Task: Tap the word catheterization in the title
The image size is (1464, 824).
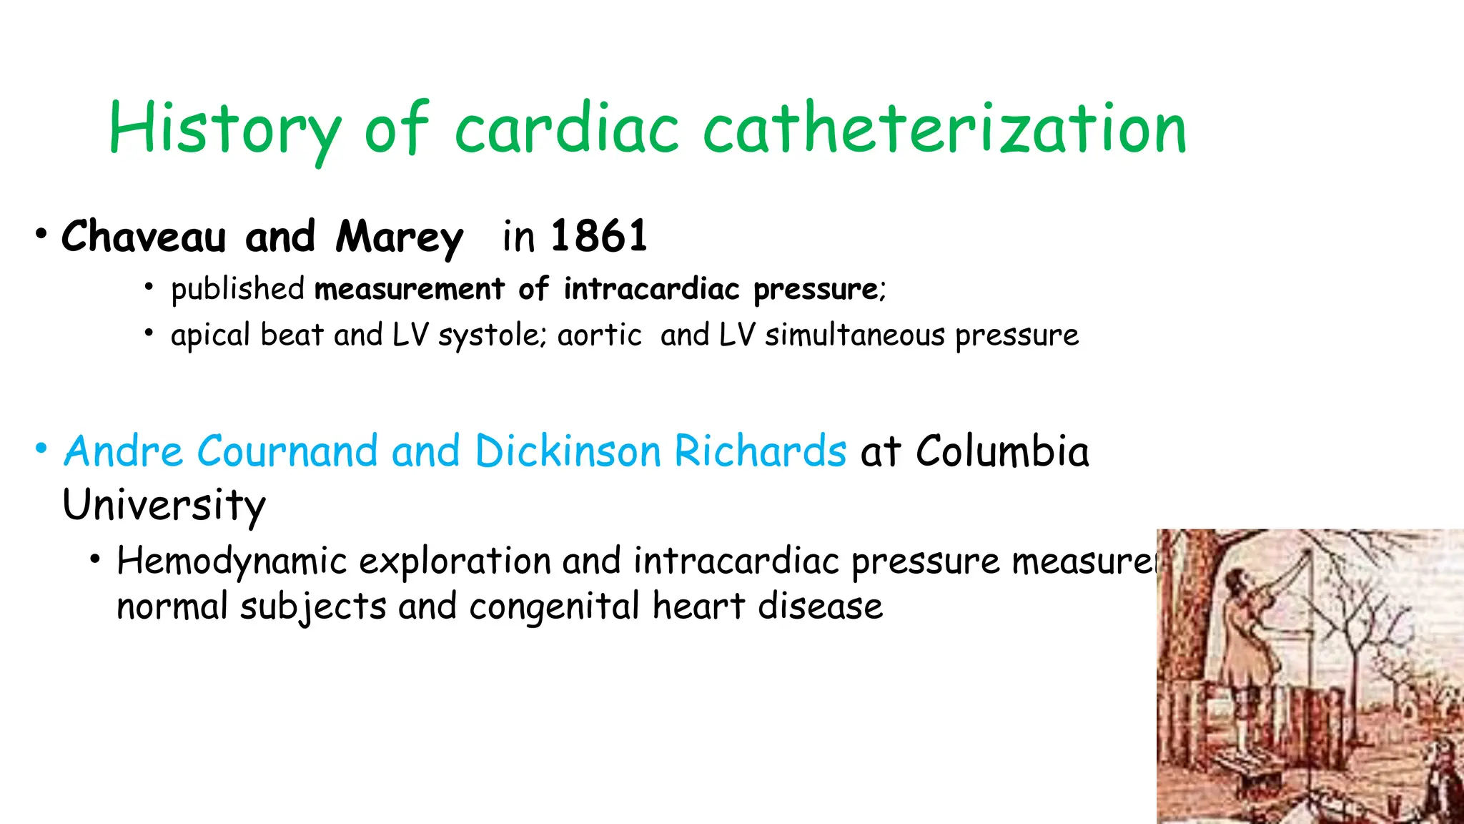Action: click(944, 129)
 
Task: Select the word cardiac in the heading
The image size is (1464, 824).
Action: click(567, 129)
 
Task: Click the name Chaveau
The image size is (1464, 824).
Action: click(144, 237)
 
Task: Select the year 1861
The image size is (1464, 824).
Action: click(599, 236)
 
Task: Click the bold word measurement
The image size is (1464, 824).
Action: click(410, 289)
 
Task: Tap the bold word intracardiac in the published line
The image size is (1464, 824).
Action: click(651, 289)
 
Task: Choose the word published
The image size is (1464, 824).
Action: click(237, 289)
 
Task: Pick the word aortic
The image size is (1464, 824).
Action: click(600, 335)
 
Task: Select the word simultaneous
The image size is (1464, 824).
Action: click(855, 335)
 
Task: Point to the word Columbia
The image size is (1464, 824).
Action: click(1002, 451)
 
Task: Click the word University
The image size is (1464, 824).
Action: click(164, 505)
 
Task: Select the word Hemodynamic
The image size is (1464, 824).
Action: click(232, 561)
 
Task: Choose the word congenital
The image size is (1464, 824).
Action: click(554, 607)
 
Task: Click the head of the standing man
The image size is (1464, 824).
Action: click(1235, 579)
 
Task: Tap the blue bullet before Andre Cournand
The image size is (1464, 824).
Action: click(41, 449)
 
